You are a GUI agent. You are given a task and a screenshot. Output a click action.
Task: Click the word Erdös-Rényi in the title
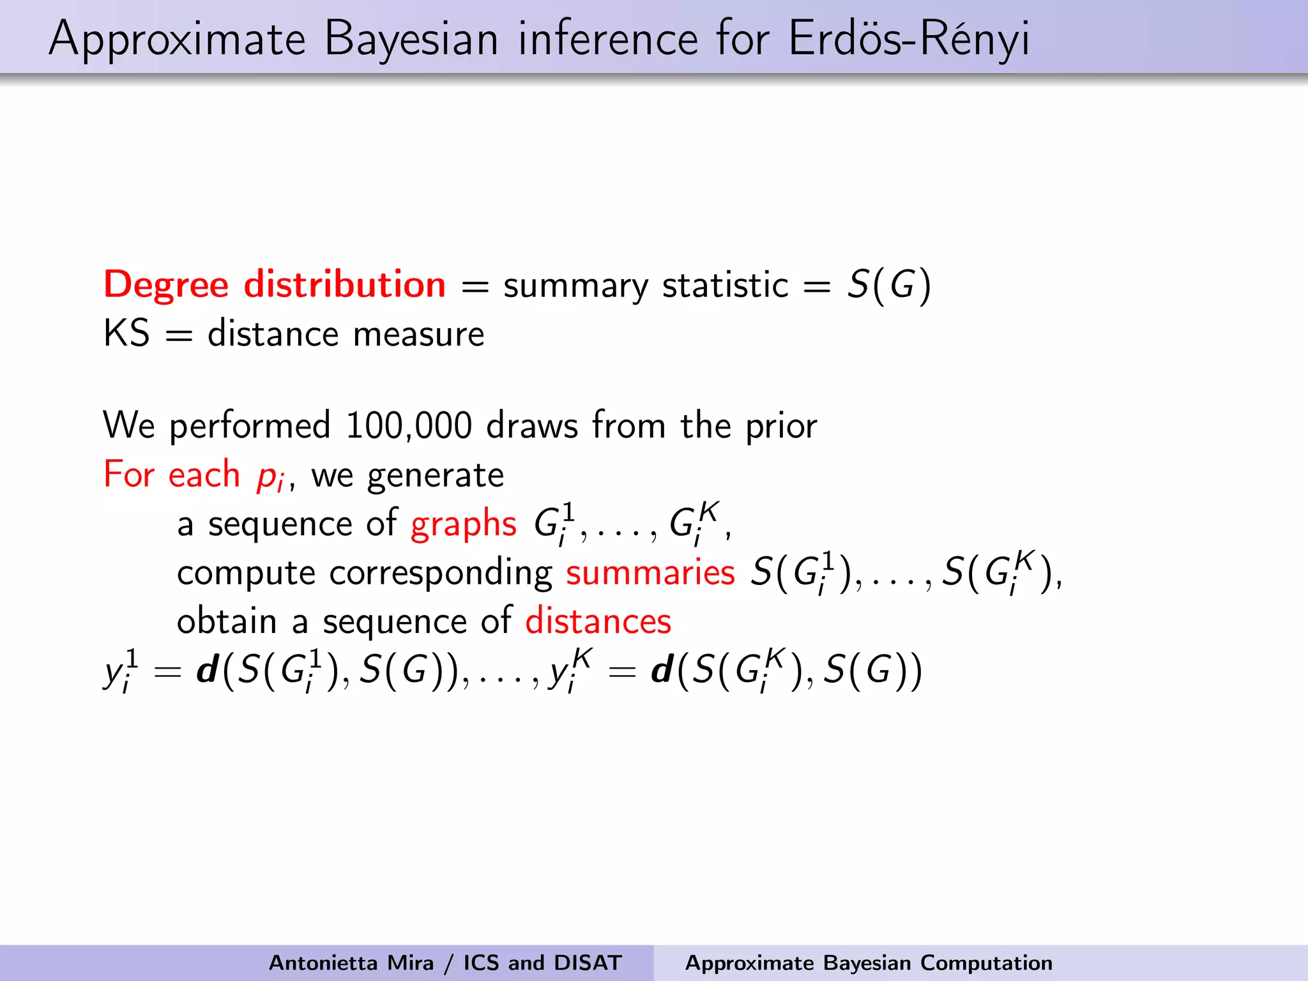pyautogui.click(x=908, y=38)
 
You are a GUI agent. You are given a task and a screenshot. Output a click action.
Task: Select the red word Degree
pyautogui.click(x=166, y=285)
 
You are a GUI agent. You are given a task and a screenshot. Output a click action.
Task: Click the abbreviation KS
pyautogui.click(x=126, y=333)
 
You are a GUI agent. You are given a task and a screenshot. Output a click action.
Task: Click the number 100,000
pyautogui.click(x=409, y=425)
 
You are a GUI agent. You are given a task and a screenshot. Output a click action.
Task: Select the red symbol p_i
pyautogui.click(x=270, y=476)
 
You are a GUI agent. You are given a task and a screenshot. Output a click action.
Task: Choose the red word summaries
pyautogui.click(x=650, y=572)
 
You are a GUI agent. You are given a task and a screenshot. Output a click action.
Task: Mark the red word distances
pyautogui.click(x=598, y=621)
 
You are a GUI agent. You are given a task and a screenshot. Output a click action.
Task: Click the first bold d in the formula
pyautogui.click(x=208, y=671)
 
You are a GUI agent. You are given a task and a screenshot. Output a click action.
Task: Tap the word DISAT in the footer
pyautogui.click(x=588, y=962)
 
